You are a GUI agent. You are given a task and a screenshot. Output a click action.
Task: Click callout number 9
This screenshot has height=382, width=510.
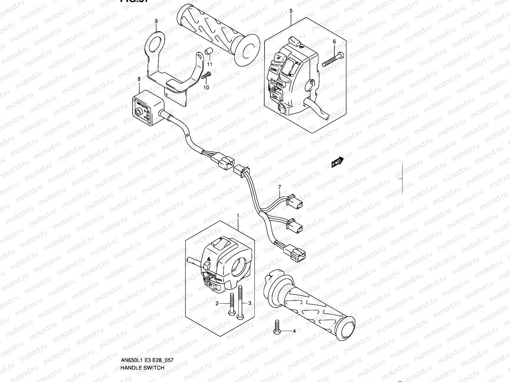pyautogui.click(x=156, y=21)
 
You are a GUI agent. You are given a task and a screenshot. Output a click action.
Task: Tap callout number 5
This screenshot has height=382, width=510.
pyautogui.click(x=291, y=11)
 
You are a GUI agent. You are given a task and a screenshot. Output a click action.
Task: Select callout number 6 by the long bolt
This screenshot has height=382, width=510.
pyautogui.click(x=334, y=42)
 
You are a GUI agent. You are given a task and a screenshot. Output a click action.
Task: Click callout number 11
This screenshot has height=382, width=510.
pyautogui.click(x=210, y=64)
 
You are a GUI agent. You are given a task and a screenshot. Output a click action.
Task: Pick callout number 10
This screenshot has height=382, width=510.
pyautogui.click(x=206, y=88)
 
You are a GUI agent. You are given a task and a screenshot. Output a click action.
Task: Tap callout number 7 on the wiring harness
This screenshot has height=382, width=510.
pyautogui.click(x=280, y=187)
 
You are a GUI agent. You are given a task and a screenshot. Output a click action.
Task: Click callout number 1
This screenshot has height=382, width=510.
pyautogui.click(x=238, y=216)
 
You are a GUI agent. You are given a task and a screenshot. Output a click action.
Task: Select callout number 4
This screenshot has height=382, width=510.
pyautogui.click(x=294, y=331)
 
